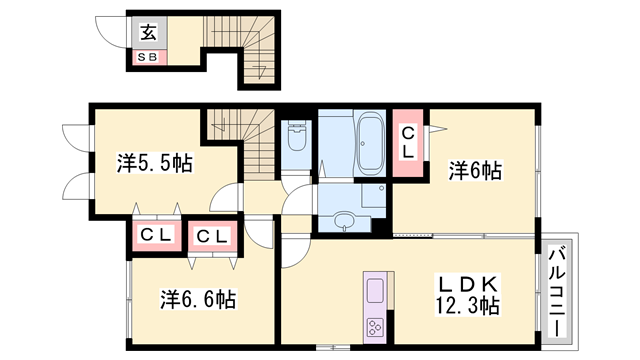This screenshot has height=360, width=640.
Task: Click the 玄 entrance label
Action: tap(148, 30)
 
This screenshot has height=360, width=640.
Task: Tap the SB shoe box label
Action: tap(148, 57)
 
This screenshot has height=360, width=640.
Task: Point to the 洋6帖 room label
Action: tap(474, 171)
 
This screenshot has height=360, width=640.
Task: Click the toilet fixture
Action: tap(296, 140)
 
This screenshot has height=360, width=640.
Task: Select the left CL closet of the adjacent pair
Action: tap(154, 236)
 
